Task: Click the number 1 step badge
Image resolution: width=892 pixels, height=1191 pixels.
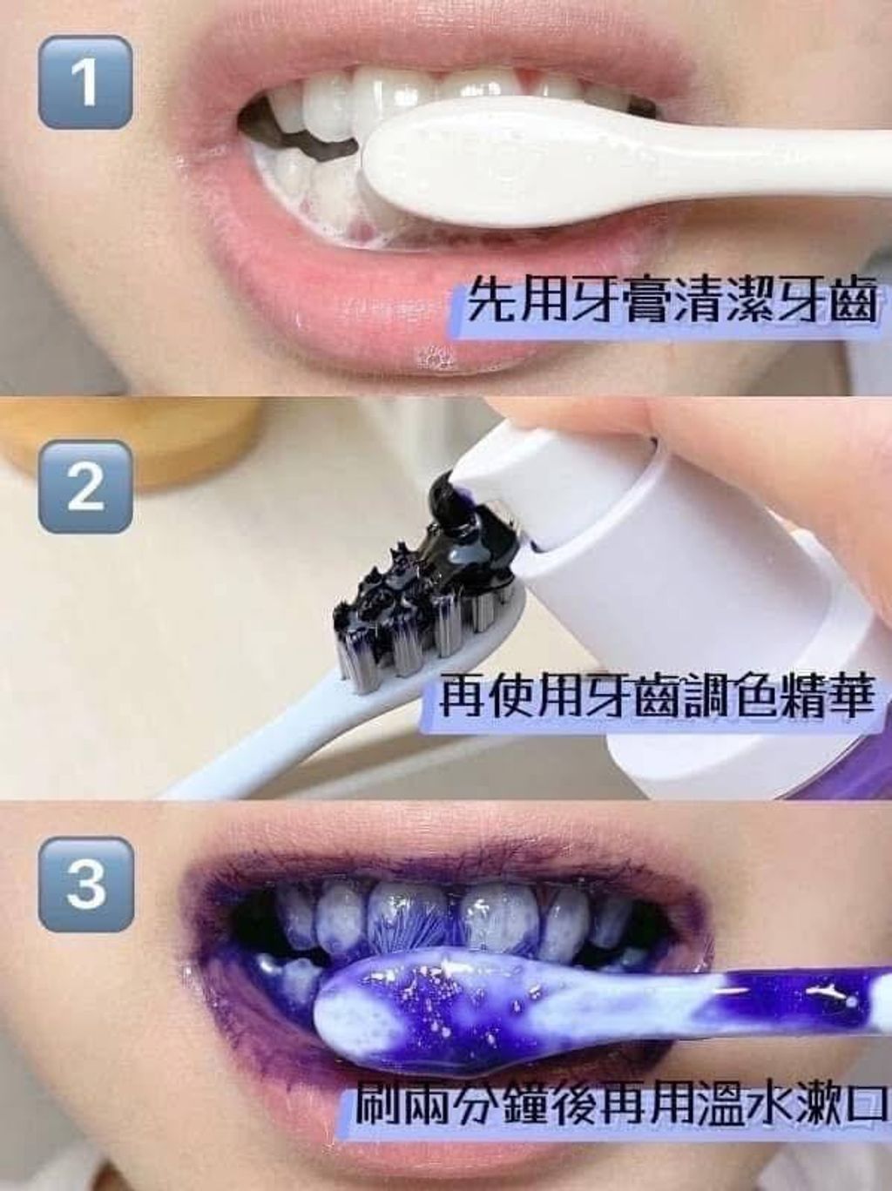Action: coord(85,83)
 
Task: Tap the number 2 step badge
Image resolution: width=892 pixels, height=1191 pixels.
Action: coord(85,486)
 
